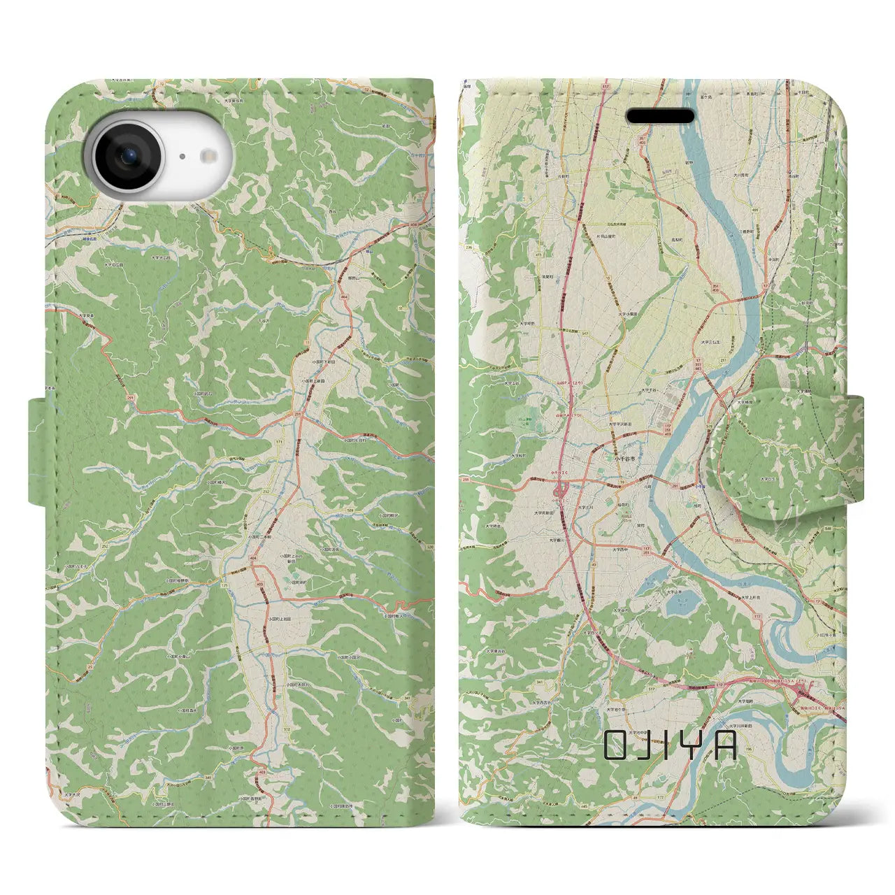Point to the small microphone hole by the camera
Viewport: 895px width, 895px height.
click(x=182, y=157)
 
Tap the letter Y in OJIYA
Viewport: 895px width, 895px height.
click(x=696, y=745)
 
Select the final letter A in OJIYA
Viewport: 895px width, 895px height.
click(x=726, y=745)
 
